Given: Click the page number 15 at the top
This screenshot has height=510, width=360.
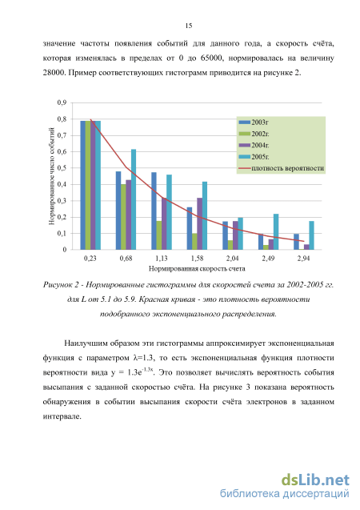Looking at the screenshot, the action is pyautogui.click(x=189, y=26).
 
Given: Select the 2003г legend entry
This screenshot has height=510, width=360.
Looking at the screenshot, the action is pyautogui.click(x=254, y=122).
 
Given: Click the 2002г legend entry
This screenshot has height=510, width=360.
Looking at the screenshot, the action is pyautogui.click(x=254, y=134).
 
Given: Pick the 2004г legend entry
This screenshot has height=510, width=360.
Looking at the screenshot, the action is pyautogui.click(x=254, y=145).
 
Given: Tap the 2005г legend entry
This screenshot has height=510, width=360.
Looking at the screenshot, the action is pyautogui.click(x=254, y=157).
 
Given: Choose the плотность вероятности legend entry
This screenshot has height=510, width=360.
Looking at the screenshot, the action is pyautogui.click(x=282, y=168).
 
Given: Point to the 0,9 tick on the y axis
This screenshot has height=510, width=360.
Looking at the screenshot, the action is pyautogui.click(x=62, y=102).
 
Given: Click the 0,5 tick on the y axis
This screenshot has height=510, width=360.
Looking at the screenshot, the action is pyautogui.click(x=62, y=168).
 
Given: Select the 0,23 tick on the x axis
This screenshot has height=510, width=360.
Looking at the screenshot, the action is pyautogui.click(x=90, y=259).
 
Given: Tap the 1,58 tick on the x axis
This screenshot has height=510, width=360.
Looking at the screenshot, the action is pyautogui.click(x=197, y=259).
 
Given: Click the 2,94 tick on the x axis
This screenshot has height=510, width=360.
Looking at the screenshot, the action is pyautogui.click(x=303, y=259).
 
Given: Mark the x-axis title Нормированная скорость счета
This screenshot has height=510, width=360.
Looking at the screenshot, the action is pyautogui.click(x=197, y=269).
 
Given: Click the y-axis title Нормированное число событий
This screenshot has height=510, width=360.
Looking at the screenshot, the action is pyautogui.click(x=52, y=176).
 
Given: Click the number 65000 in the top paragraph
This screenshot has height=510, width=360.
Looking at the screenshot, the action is pyautogui.click(x=211, y=58).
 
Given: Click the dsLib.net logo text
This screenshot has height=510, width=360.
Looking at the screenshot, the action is pyautogui.click(x=315, y=480).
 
